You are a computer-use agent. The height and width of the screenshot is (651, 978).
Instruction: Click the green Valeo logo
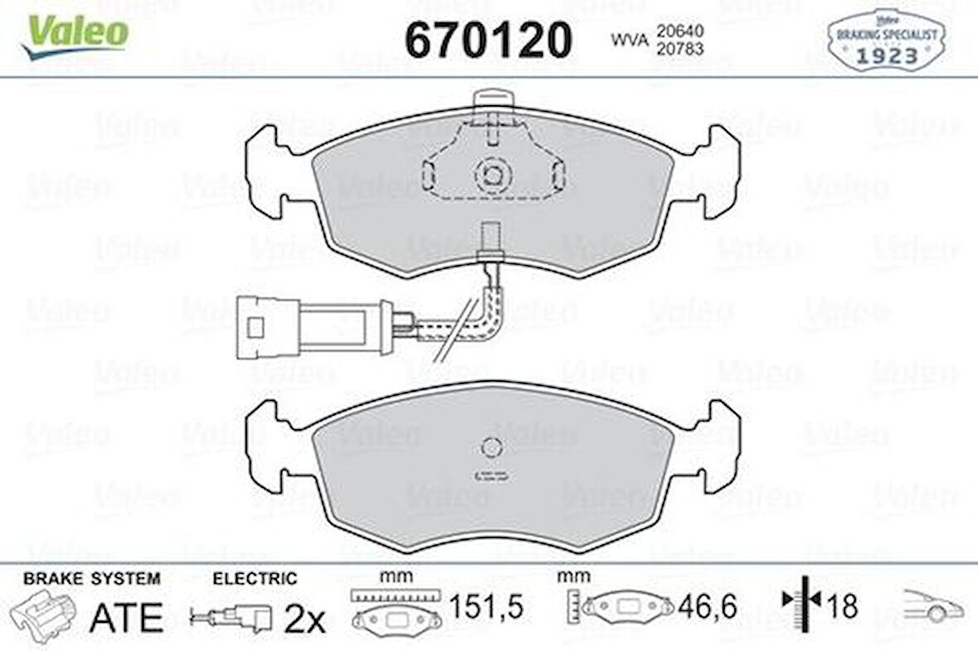click(75, 36)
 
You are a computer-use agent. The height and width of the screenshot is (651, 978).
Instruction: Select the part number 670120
click(488, 39)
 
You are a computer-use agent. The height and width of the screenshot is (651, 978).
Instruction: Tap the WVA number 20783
click(680, 48)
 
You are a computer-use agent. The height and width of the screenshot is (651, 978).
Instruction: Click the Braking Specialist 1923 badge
click(886, 39)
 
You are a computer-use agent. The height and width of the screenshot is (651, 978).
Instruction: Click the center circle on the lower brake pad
click(491, 447)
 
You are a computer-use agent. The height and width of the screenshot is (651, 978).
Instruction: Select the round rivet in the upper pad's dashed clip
click(492, 175)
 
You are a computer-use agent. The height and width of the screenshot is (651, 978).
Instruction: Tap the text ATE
click(127, 617)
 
